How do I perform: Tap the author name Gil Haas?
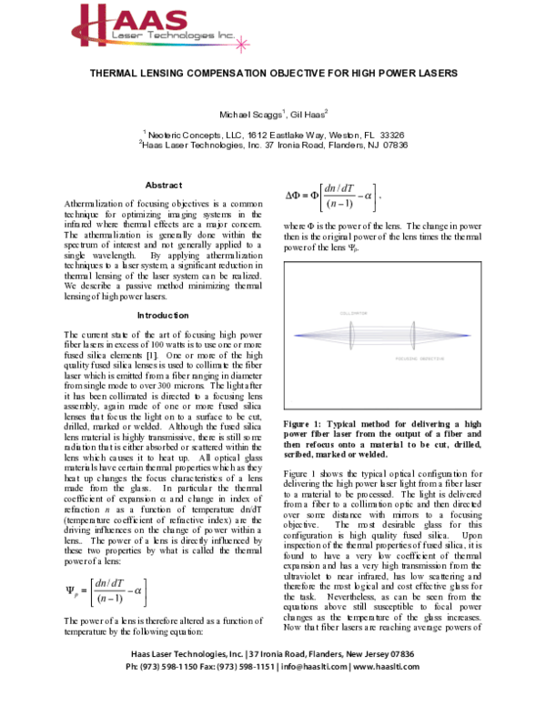click(x=305, y=115)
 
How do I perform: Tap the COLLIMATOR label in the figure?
click(x=352, y=312)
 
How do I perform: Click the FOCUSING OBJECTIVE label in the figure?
click(x=418, y=359)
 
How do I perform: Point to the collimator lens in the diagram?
click(x=352, y=335)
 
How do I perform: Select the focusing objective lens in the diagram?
click(x=412, y=335)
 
